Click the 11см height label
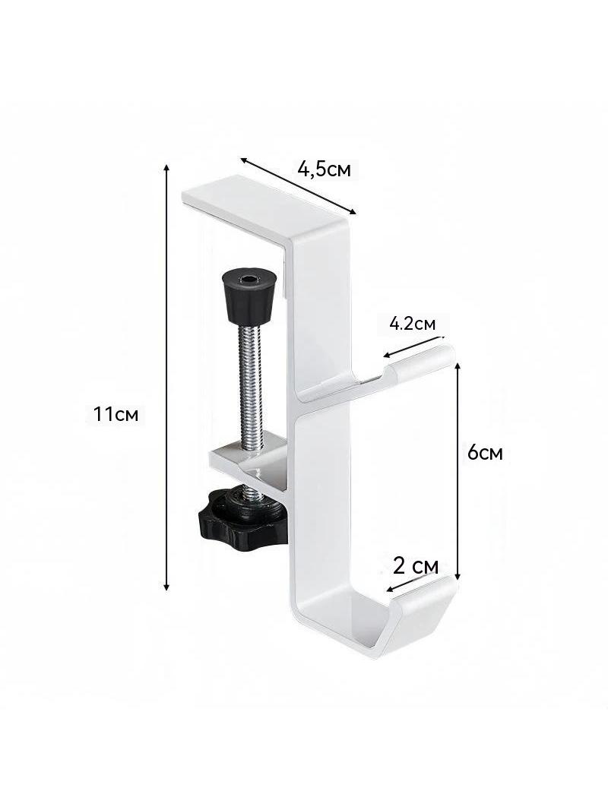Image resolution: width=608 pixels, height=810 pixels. [116, 414]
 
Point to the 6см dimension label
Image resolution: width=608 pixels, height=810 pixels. [485, 453]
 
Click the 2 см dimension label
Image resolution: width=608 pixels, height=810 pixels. [415, 566]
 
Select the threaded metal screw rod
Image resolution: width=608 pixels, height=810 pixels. [252, 382]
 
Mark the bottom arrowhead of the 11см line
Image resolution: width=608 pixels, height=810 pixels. [166, 587]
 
